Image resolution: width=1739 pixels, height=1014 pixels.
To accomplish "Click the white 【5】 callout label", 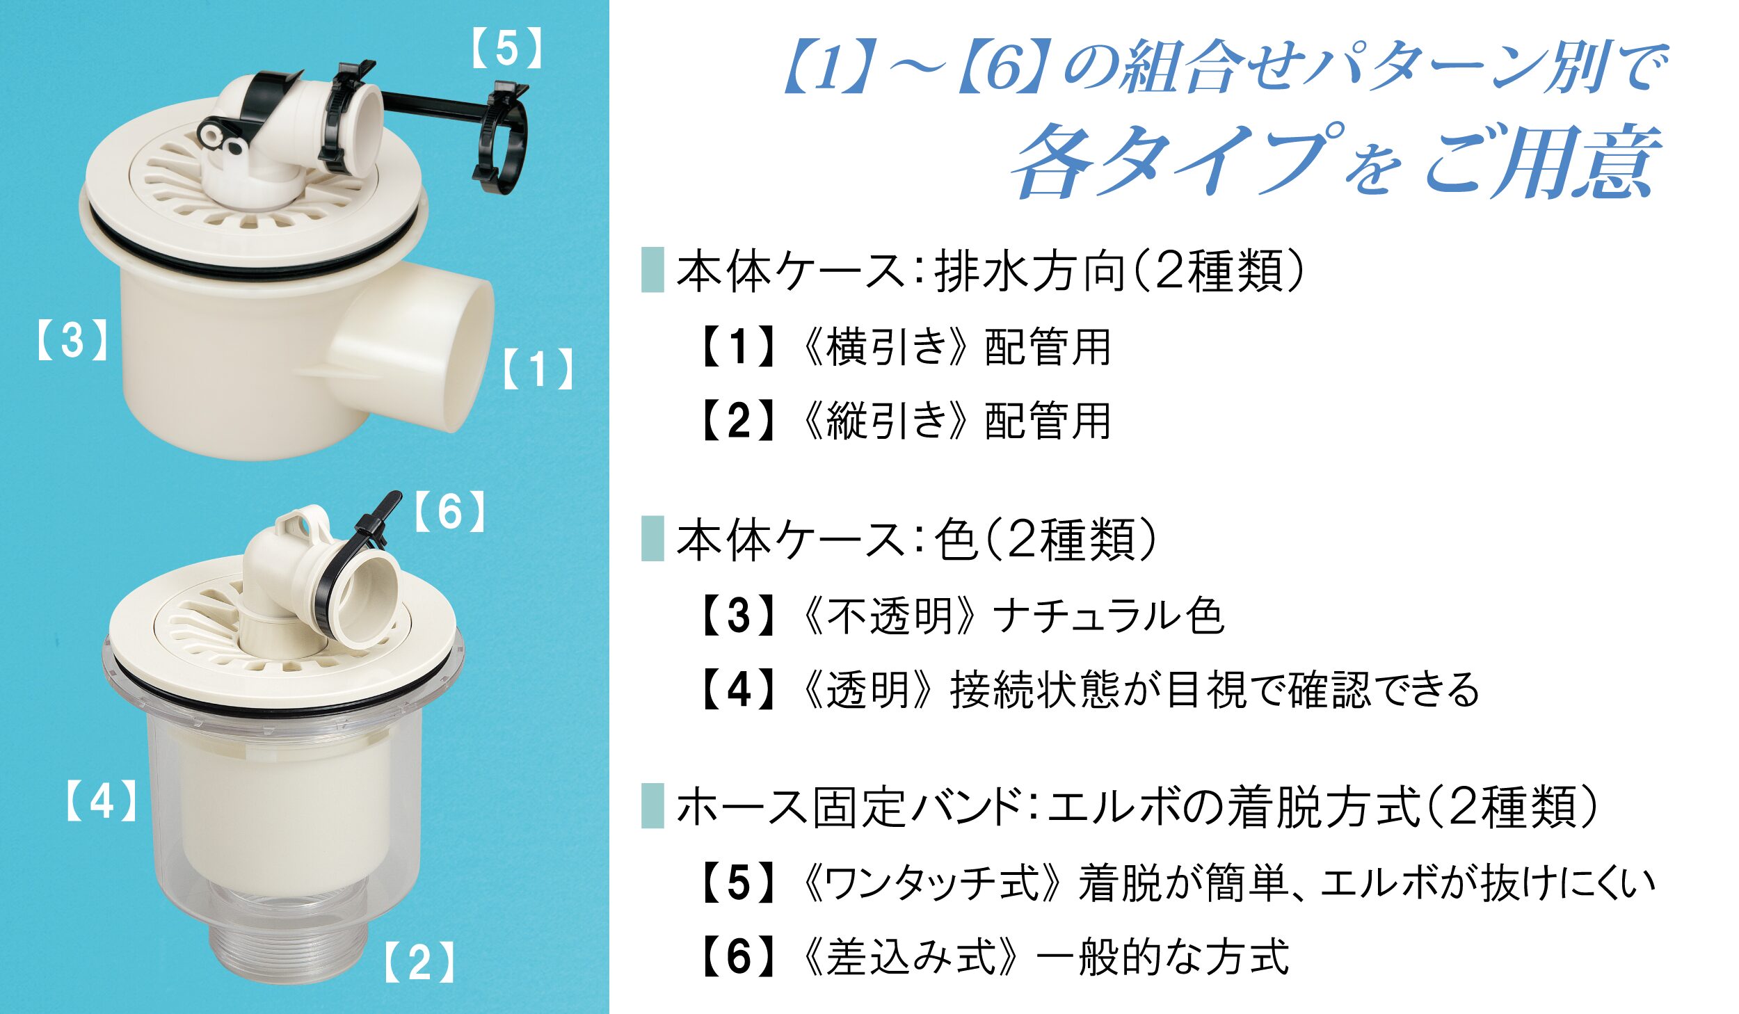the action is (506, 49).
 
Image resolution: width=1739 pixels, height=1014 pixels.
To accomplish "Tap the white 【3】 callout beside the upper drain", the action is (72, 340).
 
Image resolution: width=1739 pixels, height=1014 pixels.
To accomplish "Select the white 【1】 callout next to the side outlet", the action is (538, 369).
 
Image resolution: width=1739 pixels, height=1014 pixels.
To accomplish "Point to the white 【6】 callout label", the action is (449, 512).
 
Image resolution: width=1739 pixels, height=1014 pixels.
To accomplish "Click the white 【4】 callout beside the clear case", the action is (102, 800).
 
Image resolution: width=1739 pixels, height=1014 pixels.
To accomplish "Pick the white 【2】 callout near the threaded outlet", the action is (419, 963).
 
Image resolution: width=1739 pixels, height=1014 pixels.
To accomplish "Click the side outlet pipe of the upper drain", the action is (417, 348).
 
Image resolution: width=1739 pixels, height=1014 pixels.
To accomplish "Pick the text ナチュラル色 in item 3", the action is (1109, 616).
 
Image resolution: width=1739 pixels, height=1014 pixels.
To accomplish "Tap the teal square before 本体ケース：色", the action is (652, 538).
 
